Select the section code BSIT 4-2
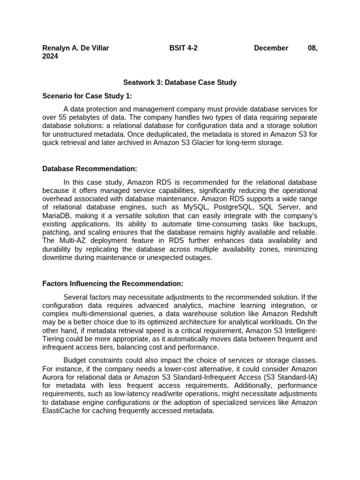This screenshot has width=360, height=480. pos(183,48)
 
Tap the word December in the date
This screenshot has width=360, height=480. pos(271,48)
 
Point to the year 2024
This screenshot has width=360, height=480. pos(50,56)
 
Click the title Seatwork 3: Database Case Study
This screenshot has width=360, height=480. pos(180,82)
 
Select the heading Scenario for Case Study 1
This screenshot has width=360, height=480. pos(87,96)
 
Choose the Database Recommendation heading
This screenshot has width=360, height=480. pos(90,169)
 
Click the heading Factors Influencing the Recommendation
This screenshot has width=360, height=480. pos(112,284)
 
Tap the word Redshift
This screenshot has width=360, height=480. pos(302,314)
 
